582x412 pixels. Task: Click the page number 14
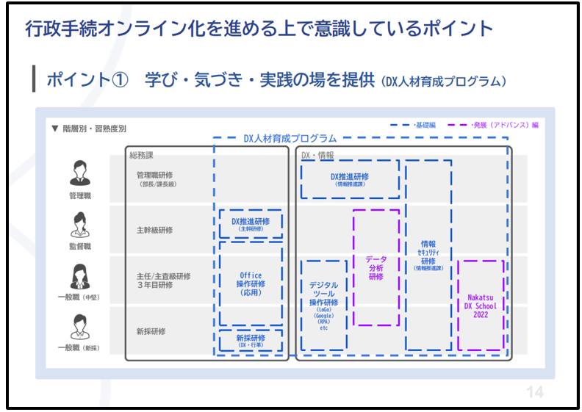point(535,391)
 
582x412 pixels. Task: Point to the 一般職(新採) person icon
point(79,325)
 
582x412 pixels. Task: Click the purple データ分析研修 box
point(376,267)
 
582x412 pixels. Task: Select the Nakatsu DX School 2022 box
point(481,305)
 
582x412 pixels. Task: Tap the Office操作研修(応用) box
point(251,283)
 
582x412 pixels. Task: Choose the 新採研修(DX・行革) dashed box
point(251,341)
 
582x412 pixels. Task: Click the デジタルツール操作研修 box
point(323,305)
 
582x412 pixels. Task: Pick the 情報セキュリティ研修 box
point(428,256)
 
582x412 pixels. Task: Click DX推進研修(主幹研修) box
point(251,224)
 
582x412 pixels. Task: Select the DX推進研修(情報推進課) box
point(350,179)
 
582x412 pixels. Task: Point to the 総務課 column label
point(141,155)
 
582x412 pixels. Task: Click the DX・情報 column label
point(318,155)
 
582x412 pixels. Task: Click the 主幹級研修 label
point(154,230)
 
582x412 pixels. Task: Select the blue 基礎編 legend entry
point(412,125)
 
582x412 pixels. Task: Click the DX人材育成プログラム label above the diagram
point(290,138)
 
